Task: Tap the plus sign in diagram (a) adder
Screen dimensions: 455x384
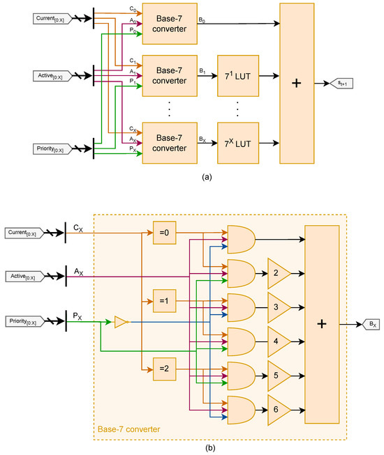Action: tap(296, 83)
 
